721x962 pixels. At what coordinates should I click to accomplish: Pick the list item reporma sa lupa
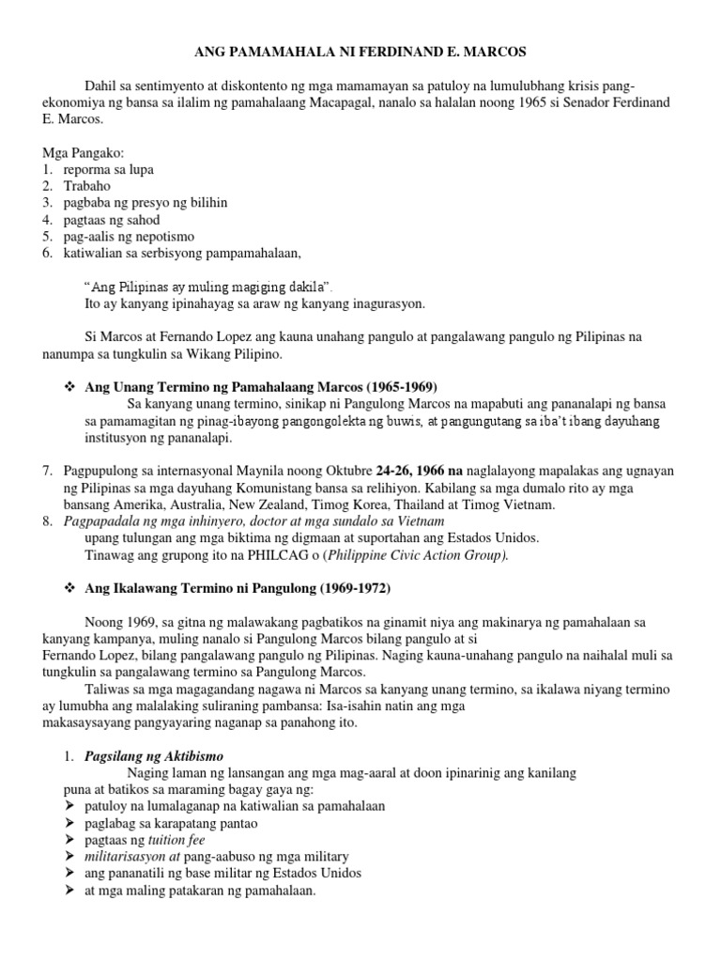108,169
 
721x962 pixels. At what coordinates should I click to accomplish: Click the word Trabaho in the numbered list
87,186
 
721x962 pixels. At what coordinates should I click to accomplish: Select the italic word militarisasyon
117,857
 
